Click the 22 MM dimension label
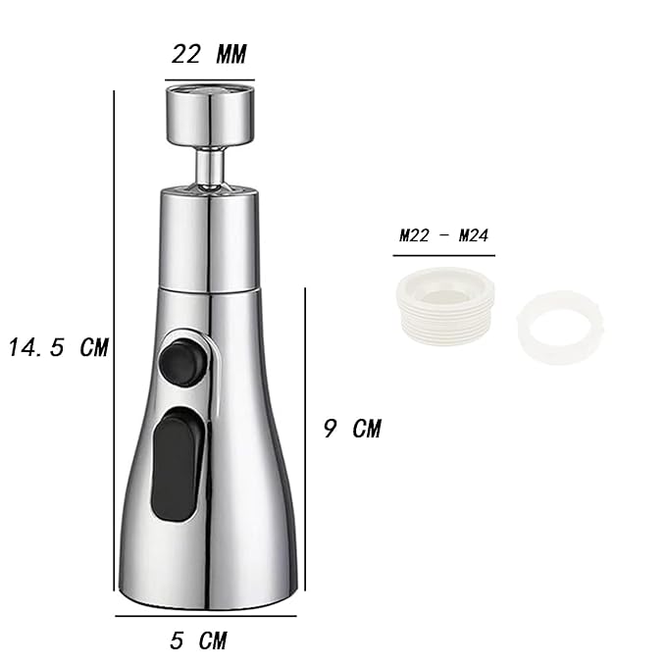[209, 55]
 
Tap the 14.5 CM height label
[59, 347]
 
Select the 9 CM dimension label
[352, 428]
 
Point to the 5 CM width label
[198, 640]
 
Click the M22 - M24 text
[444, 235]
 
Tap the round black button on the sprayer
[183, 362]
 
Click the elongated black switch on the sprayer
[178, 464]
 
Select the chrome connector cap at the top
[210, 114]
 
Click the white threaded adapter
[444, 306]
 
